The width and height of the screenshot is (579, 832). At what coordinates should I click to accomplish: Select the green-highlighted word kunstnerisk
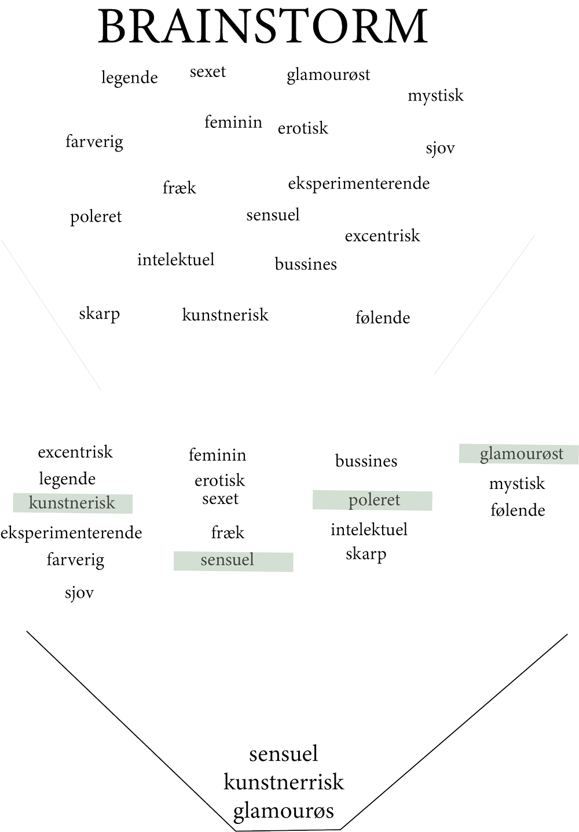coord(72,503)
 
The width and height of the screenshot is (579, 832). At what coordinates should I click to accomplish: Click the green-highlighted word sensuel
coord(233,561)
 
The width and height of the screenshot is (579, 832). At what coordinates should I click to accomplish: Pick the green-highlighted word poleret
coord(372,500)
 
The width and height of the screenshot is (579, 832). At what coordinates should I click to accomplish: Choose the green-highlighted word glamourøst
coord(519,454)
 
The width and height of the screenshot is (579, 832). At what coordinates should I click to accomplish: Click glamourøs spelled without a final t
coord(284,811)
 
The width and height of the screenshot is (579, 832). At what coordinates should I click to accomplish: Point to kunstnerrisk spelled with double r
coord(284,782)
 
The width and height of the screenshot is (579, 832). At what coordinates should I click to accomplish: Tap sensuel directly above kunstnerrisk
coord(284,754)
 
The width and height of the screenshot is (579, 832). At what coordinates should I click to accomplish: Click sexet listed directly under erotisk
coord(220,498)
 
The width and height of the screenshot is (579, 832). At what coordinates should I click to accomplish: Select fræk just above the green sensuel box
coord(228,532)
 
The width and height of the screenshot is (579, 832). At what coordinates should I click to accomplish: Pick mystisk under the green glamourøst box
coord(517,484)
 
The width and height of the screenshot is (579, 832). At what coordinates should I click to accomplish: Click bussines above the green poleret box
coord(367,461)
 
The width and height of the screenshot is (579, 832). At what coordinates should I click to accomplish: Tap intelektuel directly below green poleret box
coord(369,529)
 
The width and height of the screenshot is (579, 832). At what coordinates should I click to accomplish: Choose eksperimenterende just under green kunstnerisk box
coord(71,532)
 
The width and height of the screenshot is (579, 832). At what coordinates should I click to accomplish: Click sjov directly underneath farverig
coord(79,593)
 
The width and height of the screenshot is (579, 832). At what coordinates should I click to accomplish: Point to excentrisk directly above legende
coord(75,452)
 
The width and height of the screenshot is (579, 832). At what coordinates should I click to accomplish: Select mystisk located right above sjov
coord(435,95)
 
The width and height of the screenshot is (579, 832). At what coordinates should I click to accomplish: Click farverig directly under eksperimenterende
coord(76,560)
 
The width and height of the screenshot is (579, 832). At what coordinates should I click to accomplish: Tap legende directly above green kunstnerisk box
coord(67,479)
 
